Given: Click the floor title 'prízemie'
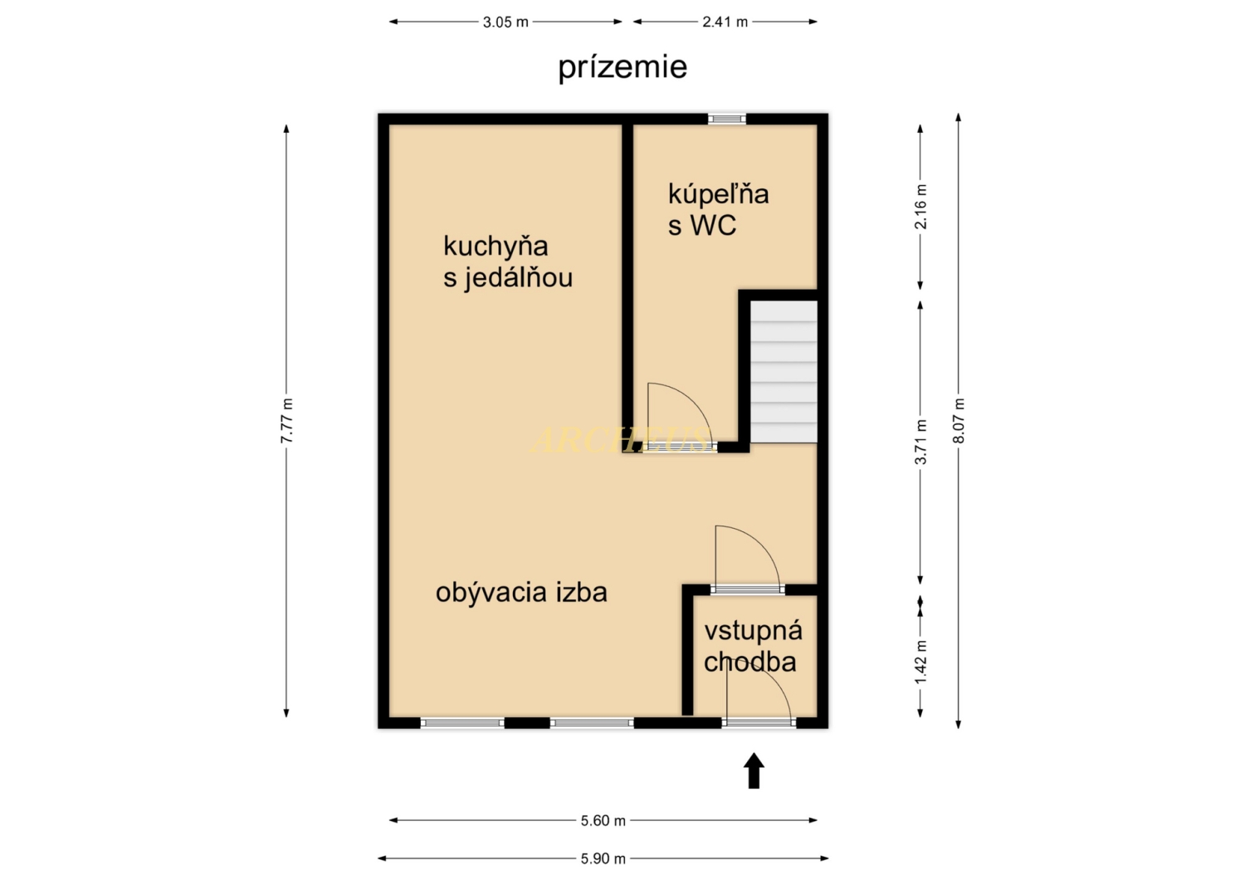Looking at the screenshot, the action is [x=622, y=67].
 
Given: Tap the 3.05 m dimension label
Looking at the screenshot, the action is [x=505, y=22].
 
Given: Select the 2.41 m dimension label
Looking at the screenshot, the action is [x=725, y=22].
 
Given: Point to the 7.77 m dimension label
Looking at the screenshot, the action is [x=286, y=421].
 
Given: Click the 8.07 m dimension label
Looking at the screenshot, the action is [x=958, y=421].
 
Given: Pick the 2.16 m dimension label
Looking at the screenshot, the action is [x=920, y=206].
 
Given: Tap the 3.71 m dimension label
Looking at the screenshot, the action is [x=920, y=442].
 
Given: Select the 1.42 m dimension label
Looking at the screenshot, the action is [x=920, y=662].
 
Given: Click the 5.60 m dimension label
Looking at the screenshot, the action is [x=603, y=820].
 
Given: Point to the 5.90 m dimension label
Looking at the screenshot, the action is [x=603, y=859].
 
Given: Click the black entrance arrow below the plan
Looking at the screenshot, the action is [x=754, y=770].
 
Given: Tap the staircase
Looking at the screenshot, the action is [x=784, y=372].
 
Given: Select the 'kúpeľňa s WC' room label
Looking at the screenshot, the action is [x=718, y=209].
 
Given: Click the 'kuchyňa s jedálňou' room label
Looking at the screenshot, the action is [x=507, y=262].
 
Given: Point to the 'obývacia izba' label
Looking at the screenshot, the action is [x=521, y=593].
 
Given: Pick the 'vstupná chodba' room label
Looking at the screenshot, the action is [x=753, y=646].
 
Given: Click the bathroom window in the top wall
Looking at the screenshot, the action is [x=727, y=119].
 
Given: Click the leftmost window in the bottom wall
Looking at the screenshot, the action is [x=462, y=722].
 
